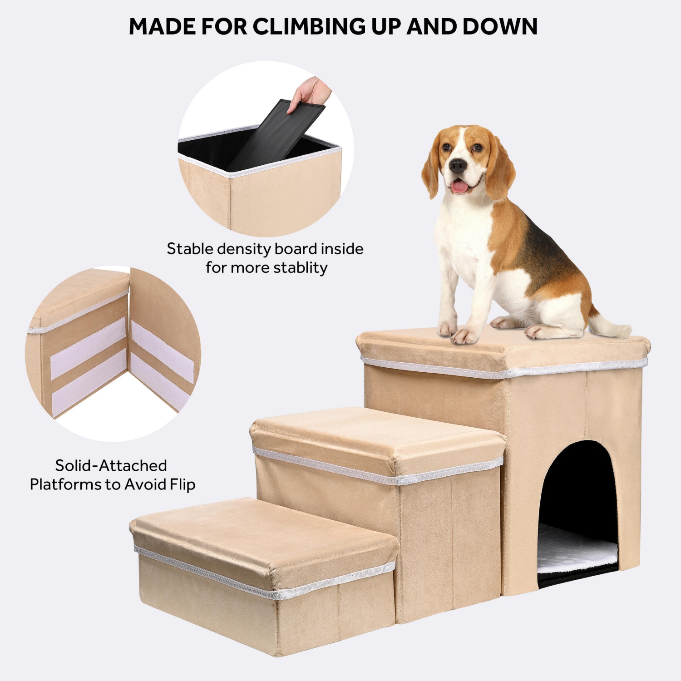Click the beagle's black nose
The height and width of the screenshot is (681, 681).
458,166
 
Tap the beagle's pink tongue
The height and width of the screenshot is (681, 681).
459,187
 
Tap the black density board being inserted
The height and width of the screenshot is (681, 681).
277,132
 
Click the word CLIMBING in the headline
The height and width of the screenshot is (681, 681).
309,26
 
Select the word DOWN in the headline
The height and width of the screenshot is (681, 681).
500,26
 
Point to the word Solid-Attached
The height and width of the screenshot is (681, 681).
111,466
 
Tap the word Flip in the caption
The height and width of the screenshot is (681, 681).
183,485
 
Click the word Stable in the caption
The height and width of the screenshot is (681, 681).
190,249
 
